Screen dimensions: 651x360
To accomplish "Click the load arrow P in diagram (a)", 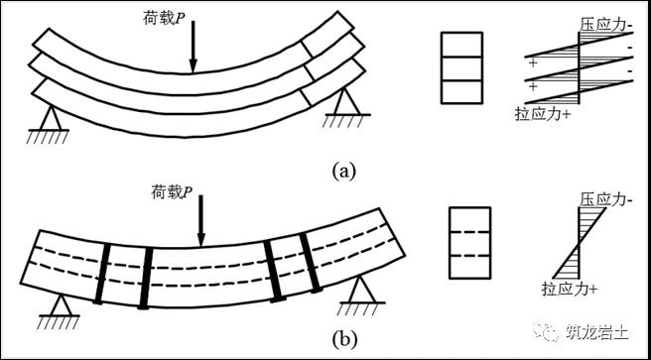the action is tap(193, 47).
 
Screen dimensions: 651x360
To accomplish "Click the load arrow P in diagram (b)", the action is tap(200, 220).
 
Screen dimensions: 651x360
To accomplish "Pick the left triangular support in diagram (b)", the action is tap(60, 310).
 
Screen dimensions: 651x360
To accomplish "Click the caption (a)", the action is tap(344, 171).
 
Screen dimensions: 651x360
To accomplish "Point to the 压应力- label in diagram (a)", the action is tap(606, 26).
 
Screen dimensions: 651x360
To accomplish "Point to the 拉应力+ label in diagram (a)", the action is tap(542, 113).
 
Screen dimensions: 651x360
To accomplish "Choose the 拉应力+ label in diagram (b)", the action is tap(569, 288).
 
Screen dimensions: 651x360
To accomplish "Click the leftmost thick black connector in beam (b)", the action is tap(102, 274).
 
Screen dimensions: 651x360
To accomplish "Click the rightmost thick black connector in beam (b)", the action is tap(311, 263).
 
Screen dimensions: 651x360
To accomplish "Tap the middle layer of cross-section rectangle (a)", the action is tap(461, 68).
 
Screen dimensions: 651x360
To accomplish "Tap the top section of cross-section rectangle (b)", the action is tap(470, 219).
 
